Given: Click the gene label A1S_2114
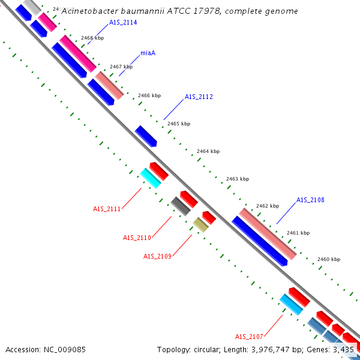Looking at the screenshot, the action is [123, 22].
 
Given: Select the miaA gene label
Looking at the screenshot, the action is [148, 53].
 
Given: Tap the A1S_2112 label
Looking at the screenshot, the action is [199, 97].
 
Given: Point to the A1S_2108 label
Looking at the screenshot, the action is [310, 200].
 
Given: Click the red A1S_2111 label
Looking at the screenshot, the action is [107, 209].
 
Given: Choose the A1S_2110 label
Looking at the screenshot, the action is [137, 238].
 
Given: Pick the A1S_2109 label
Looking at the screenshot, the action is [157, 256].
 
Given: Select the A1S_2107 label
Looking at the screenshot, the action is [249, 337].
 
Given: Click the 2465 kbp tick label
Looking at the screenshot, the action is [179, 124].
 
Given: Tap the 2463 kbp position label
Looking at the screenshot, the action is [237, 179].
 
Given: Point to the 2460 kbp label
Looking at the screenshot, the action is [329, 259].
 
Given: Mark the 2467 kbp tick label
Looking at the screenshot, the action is [121, 67].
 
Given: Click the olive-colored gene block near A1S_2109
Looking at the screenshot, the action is [200, 225].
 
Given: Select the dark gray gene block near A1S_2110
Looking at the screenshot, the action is [181, 206].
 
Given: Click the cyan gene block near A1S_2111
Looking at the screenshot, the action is [151, 178].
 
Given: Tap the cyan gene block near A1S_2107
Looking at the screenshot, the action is [291, 304].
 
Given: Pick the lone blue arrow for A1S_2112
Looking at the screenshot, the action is [146, 136].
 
